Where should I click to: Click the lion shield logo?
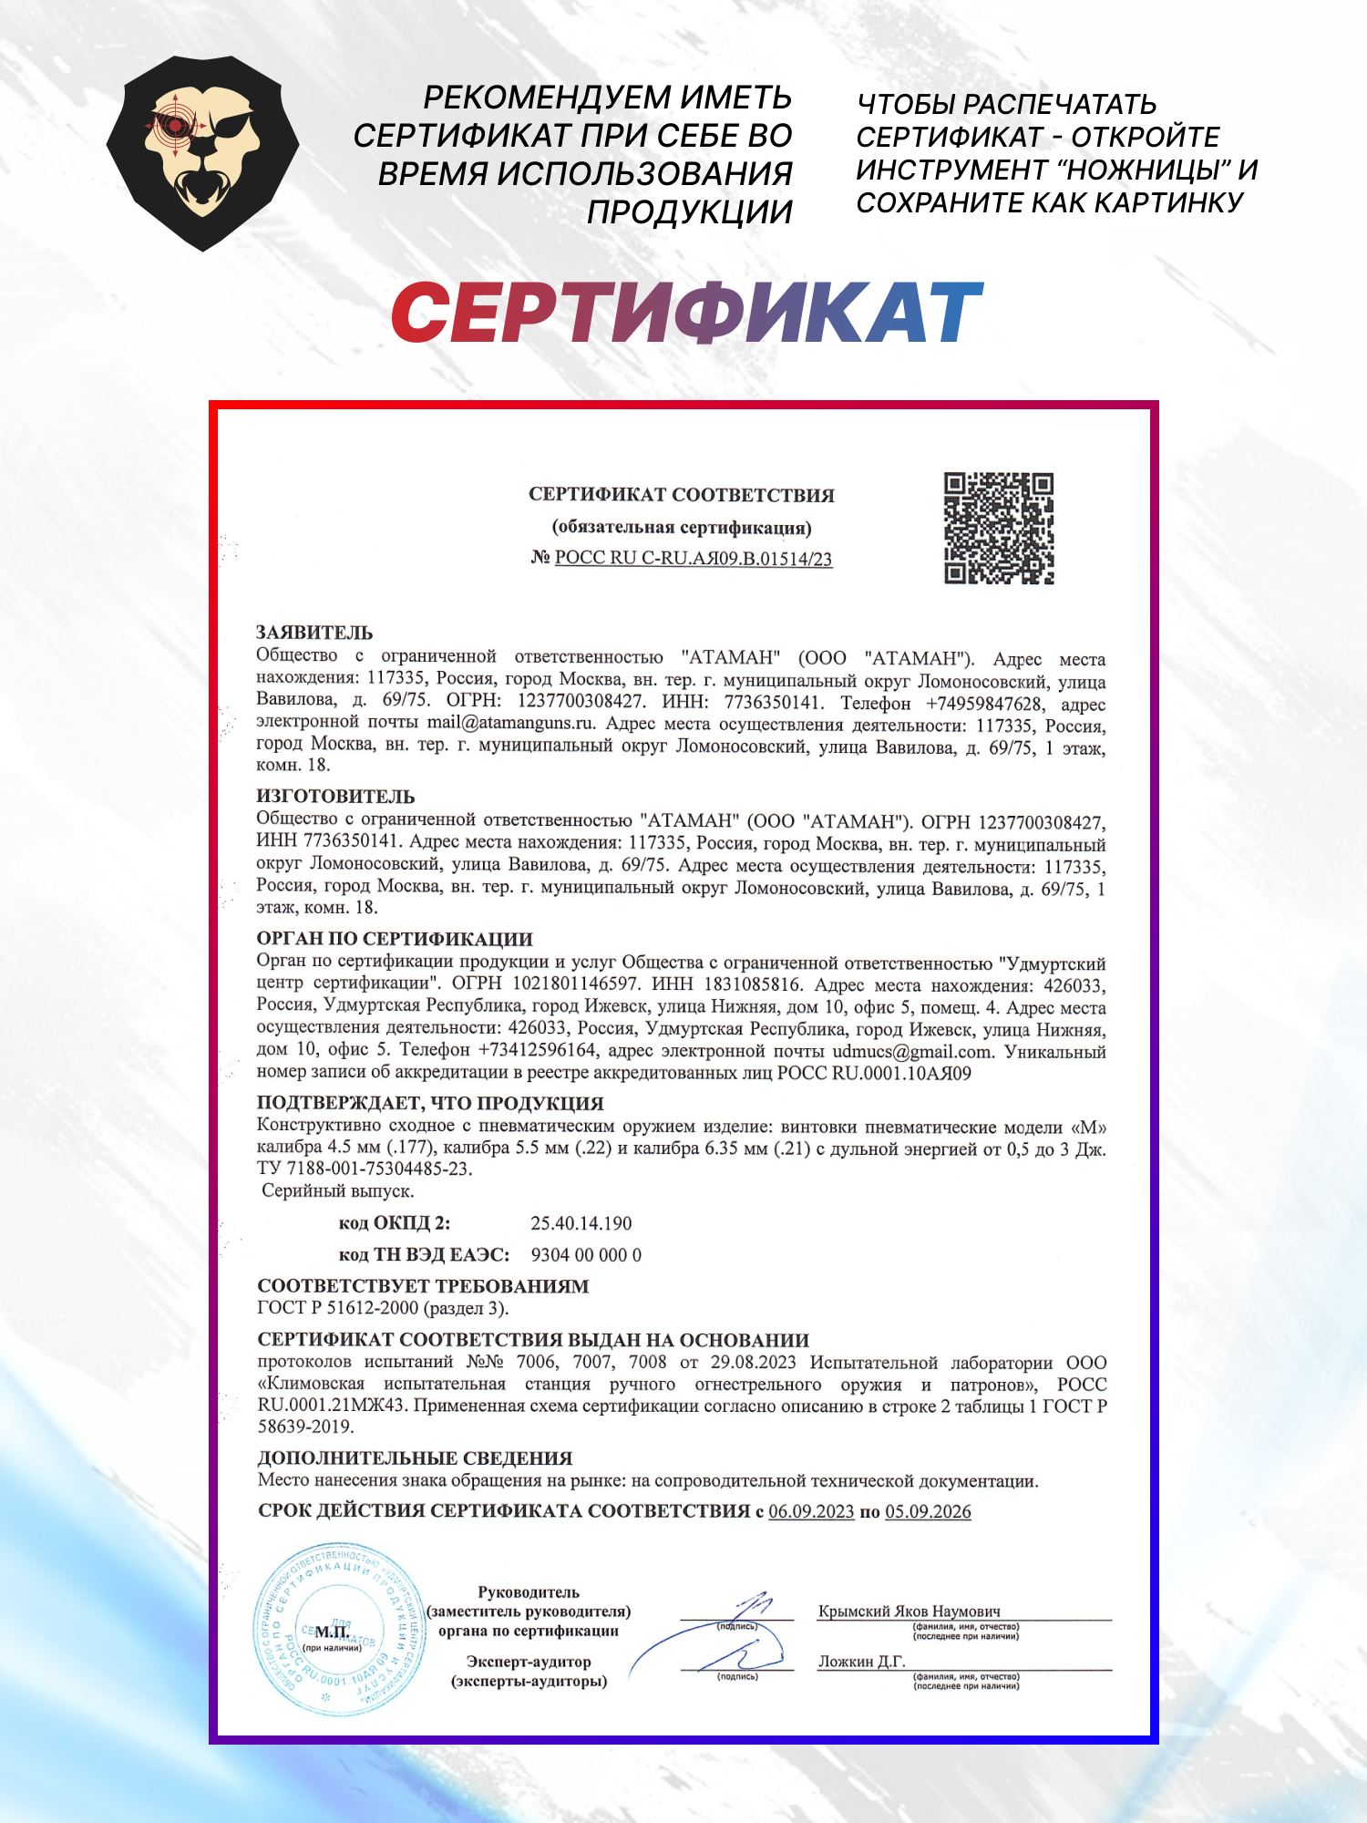point(202,153)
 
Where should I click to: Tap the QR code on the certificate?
point(998,528)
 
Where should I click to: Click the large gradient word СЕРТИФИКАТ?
point(687,313)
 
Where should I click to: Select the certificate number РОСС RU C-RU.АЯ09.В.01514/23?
point(693,559)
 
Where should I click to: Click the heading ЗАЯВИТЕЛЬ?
point(314,633)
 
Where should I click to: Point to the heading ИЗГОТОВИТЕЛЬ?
point(335,797)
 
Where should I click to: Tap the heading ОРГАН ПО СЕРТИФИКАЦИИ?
point(395,939)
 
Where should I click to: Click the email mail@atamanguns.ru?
point(510,724)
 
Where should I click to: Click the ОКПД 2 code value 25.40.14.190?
point(581,1223)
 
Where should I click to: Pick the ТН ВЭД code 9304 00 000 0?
point(586,1255)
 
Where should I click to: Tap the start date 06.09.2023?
point(811,1512)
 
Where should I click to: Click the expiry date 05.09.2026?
point(928,1512)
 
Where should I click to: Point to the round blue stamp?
point(338,1629)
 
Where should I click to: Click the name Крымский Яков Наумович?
point(909,1612)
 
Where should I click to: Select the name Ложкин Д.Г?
point(861,1662)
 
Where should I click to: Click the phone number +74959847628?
point(983,704)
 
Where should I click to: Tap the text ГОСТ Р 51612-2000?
point(337,1308)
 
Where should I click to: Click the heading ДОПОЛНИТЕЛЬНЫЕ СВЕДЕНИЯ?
point(415,1458)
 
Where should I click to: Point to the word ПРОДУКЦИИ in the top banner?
point(689,212)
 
